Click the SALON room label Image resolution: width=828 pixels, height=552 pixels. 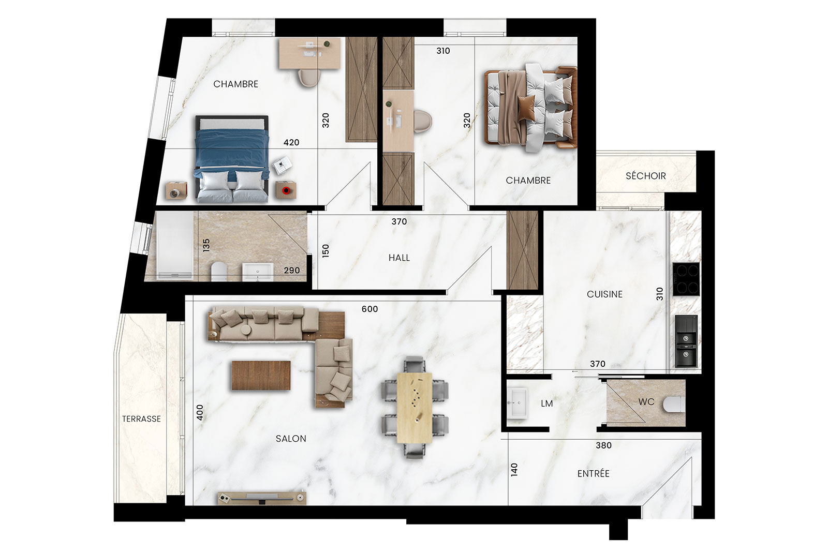pyautogui.click(x=291, y=439)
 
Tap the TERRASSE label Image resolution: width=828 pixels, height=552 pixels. pyautogui.click(x=142, y=419)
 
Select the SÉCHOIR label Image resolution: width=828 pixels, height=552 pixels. pyautogui.click(x=645, y=175)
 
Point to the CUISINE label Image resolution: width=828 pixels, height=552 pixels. pyautogui.click(x=605, y=294)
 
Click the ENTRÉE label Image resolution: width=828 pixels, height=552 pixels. pyautogui.click(x=593, y=473)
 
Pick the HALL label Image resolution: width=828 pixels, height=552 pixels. pyautogui.click(x=399, y=258)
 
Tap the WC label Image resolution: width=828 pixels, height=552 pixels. pyautogui.click(x=646, y=401)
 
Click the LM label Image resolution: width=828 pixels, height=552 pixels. pyautogui.click(x=546, y=404)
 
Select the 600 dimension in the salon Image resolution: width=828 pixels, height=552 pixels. pyautogui.click(x=369, y=309)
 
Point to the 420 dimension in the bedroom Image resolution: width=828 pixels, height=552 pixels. pyautogui.click(x=291, y=142)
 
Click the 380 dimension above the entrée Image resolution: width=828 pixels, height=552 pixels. pyautogui.click(x=603, y=445)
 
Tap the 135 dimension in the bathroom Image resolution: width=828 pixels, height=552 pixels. pyautogui.click(x=206, y=245)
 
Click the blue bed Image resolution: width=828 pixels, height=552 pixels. pyautogui.click(x=232, y=159)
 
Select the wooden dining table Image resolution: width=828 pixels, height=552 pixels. pyautogui.click(x=415, y=408)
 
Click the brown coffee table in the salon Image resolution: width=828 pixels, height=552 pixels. pyautogui.click(x=261, y=376)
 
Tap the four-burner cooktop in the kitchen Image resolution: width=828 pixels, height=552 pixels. pyautogui.click(x=686, y=279)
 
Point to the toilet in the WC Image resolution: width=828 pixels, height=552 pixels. pyautogui.click(x=674, y=405)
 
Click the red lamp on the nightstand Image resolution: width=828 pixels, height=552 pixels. pyautogui.click(x=286, y=191)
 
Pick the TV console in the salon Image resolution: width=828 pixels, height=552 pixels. pyautogui.click(x=262, y=498)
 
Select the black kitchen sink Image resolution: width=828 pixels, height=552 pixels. pyautogui.click(x=686, y=341)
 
